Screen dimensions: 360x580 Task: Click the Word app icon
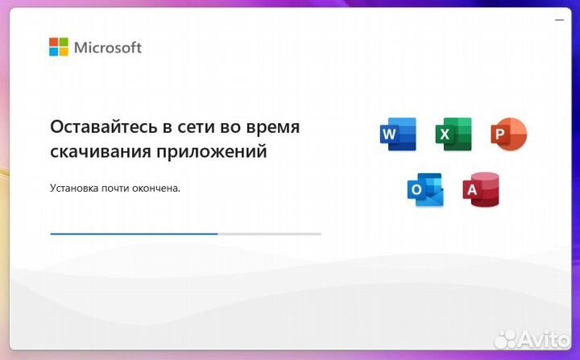coord(397,134)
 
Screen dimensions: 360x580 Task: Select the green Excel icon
coord(453,134)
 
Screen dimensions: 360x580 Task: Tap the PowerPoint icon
coord(508,134)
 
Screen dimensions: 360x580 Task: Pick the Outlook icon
coord(425,190)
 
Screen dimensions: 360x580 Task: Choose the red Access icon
coord(480,190)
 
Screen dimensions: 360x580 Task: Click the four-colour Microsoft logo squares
coord(59,47)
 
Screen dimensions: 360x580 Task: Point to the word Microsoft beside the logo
coord(108,48)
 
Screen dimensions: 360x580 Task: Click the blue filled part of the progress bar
coord(133,234)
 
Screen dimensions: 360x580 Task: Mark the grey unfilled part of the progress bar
coord(269,234)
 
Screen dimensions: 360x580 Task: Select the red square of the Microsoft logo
coord(54,42)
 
